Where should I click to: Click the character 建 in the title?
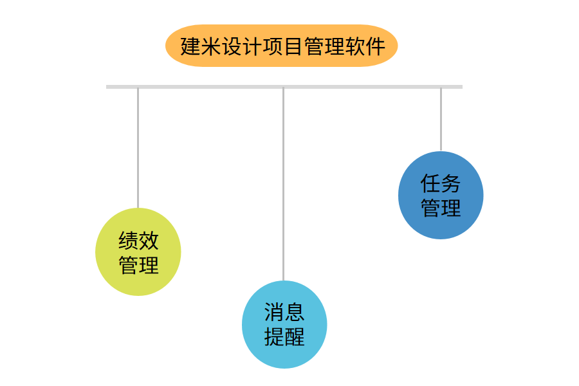tap(190, 46)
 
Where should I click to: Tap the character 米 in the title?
tap(211, 46)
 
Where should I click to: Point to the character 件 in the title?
tap(376, 46)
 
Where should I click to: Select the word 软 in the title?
tap(355, 46)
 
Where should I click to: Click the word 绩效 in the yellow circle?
tap(138, 241)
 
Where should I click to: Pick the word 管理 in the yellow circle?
tap(138, 265)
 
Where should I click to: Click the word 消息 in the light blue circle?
tap(284, 313)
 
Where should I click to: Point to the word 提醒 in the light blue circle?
tap(284, 336)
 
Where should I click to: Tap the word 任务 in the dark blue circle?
tap(441, 183)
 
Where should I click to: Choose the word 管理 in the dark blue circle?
tap(441, 208)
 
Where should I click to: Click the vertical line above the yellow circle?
tap(138, 148)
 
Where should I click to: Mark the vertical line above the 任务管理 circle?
tap(441, 119)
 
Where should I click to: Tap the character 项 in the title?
tap(273, 46)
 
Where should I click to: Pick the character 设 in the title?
tap(232, 46)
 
